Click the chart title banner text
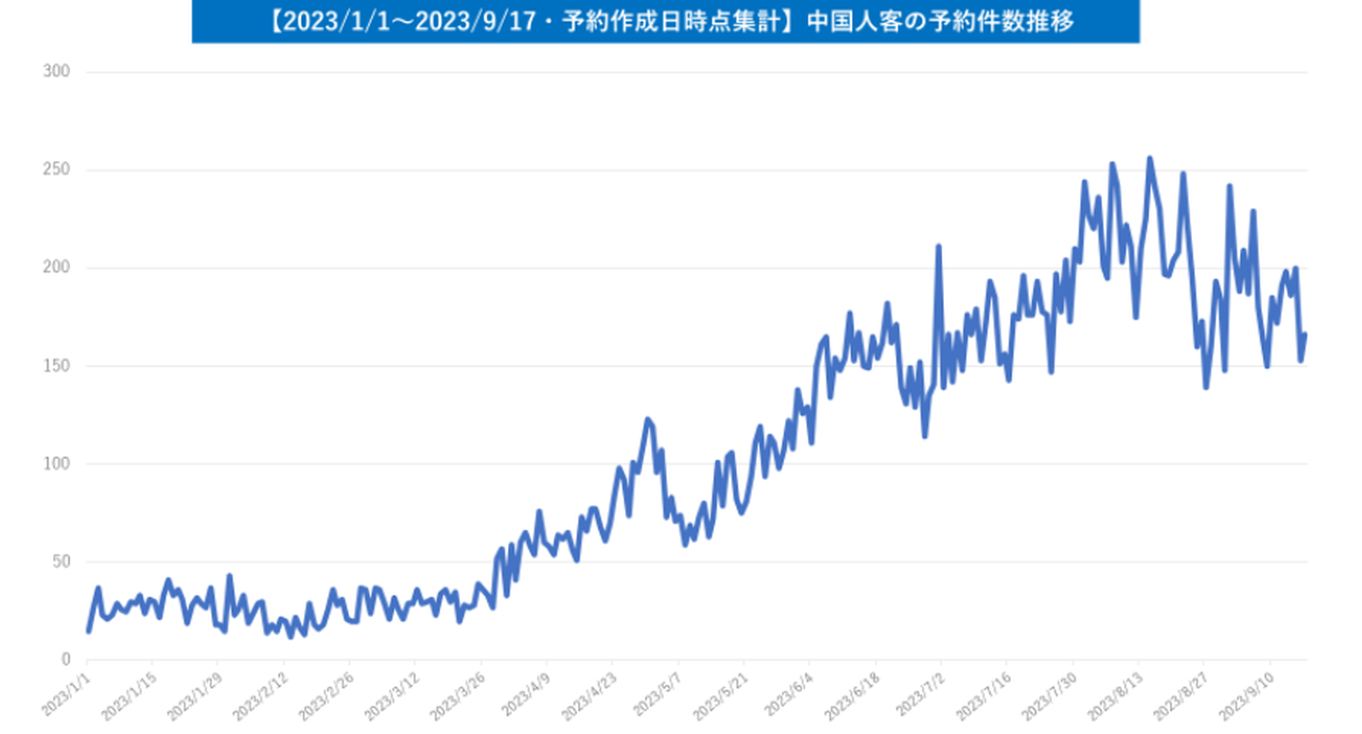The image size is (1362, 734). pos(665,22)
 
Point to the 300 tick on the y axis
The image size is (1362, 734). pos(58,72)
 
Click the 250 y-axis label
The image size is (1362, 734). pos(58,170)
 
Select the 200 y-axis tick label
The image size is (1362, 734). pos(58,268)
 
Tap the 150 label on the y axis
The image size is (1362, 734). pos(58,366)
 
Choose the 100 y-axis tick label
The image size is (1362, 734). pos(58,463)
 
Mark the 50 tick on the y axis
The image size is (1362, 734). pos(61,562)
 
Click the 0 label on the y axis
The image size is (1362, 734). pos(66,659)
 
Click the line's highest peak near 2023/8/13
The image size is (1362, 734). pos(1149,159)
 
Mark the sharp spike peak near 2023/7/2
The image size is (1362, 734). pos(938,247)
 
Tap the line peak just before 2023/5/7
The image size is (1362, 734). pos(648,419)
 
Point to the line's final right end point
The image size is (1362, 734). pos(1305,334)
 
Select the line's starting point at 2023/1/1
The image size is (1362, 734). pos(88,630)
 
